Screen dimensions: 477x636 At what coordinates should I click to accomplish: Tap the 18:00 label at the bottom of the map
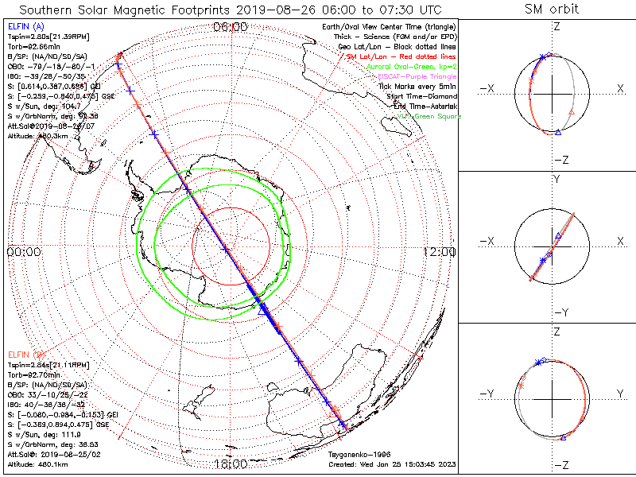click(231, 463)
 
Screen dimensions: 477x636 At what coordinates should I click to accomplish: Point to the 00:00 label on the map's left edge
click(23, 251)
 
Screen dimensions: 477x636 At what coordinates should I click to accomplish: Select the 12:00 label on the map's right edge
click(440, 251)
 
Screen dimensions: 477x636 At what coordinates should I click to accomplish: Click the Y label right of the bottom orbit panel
click(619, 394)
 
